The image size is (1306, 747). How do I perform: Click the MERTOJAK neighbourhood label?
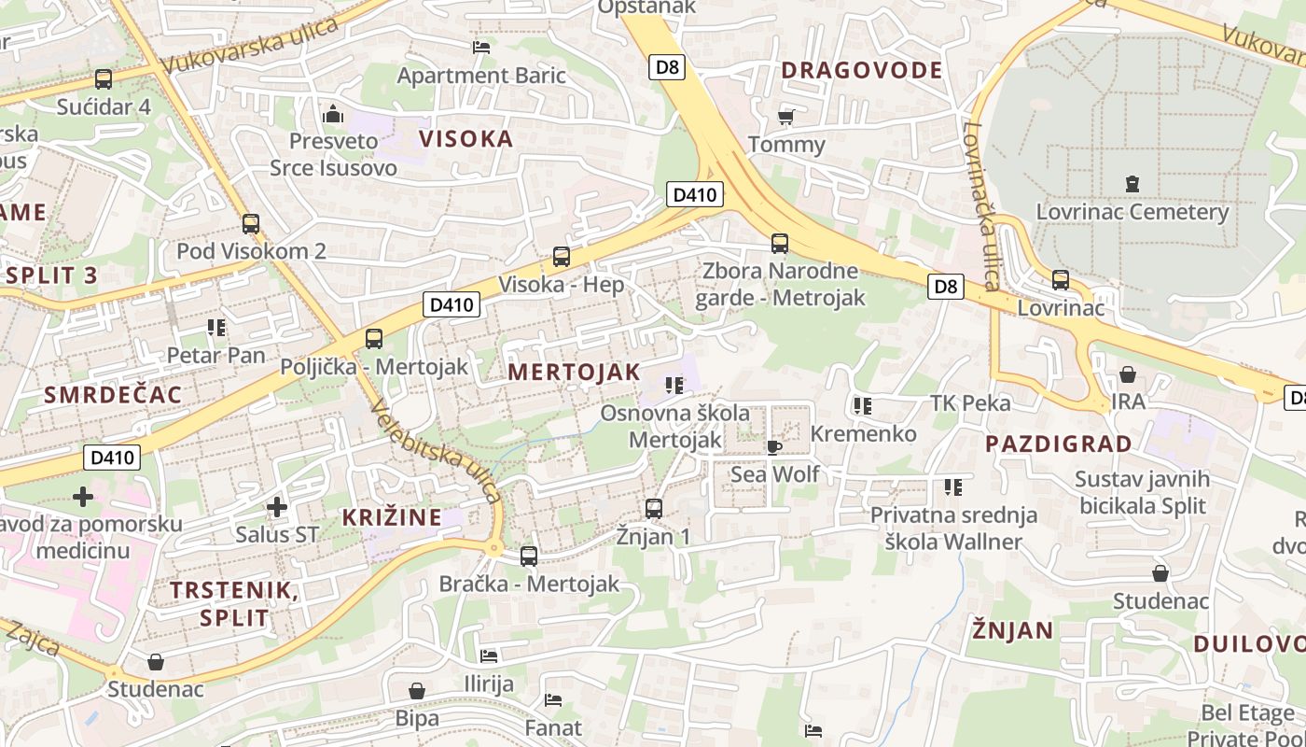(x=574, y=372)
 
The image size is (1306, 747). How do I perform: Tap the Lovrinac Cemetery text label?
(x=1132, y=212)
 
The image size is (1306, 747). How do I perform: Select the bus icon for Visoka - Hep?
(x=561, y=256)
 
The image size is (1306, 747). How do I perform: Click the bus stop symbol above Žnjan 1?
(x=654, y=508)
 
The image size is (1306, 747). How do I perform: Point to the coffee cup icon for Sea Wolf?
(x=774, y=446)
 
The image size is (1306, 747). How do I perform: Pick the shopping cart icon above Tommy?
(x=785, y=117)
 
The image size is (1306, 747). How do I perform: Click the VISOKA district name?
(x=465, y=139)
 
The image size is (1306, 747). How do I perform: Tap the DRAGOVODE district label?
(x=861, y=70)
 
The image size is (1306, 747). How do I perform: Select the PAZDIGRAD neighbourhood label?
(x=1058, y=444)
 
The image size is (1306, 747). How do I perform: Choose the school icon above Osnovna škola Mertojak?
(x=674, y=385)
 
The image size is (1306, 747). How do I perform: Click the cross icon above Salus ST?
(x=276, y=507)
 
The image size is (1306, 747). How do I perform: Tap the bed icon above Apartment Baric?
(x=481, y=47)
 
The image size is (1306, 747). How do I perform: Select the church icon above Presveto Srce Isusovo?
(x=333, y=115)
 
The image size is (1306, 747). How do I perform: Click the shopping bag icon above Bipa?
(x=417, y=691)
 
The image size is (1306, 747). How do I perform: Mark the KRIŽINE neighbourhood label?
(x=391, y=516)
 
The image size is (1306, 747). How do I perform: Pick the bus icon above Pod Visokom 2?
(x=250, y=224)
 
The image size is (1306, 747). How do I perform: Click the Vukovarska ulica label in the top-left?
(x=249, y=46)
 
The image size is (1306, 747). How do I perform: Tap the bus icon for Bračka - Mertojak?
(x=529, y=557)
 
